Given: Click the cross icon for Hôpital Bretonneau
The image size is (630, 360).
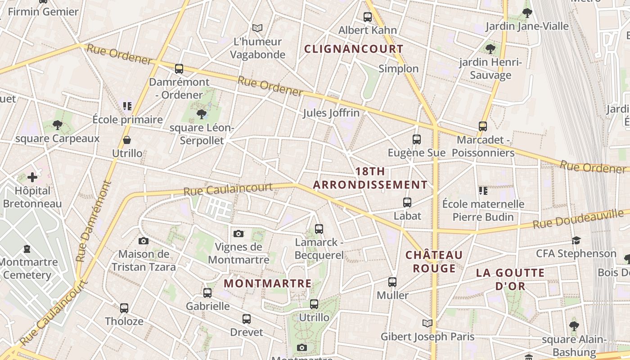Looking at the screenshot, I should [x=32, y=177].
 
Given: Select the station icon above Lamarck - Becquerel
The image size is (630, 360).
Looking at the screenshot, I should [x=319, y=229].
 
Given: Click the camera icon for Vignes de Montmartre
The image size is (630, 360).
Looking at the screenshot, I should [x=238, y=234].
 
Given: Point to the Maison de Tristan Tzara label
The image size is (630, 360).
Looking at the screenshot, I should [x=144, y=261].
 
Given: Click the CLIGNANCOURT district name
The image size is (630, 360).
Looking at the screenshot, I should [x=354, y=49].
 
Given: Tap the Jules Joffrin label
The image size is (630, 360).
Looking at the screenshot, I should [x=331, y=113].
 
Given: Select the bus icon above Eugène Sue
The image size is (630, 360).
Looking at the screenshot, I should [x=417, y=139].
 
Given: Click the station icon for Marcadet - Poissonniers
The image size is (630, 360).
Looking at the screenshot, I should [x=483, y=126].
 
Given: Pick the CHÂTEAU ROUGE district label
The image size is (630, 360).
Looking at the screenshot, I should [x=434, y=261].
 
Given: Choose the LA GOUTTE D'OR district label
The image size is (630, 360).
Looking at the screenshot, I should [x=510, y=279].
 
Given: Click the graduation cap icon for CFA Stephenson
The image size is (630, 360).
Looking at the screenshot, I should [x=576, y=240].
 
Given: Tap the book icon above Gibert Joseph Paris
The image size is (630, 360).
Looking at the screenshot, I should [x=427, y=323].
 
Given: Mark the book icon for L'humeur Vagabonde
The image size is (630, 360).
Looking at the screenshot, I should [x=257, y=28].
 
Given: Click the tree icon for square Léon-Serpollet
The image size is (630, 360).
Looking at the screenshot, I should [x=202, y=114].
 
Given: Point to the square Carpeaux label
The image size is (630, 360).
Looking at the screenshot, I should [x=58, y=139].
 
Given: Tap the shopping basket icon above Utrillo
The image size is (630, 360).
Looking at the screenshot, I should [x=127, y=140].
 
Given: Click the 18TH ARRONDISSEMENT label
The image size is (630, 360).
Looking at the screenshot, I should [x=370, y=178].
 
